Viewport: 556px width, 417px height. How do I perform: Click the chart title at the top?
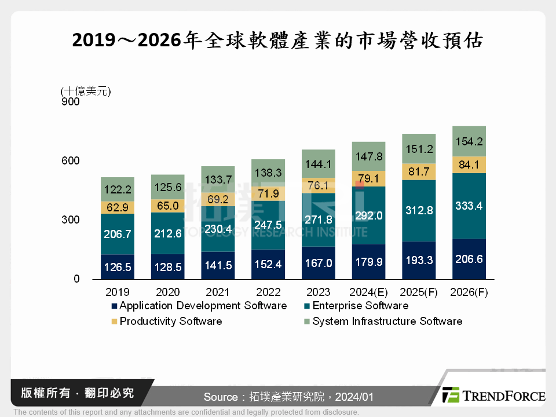pyautogui.click(x=277, y=40)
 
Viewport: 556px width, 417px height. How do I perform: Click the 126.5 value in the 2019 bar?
pyautogui.click(x=118, y=268)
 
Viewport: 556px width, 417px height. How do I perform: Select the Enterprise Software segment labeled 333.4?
pyautogui.click(x=468, y=205)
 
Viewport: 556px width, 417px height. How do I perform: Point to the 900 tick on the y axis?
pyautogui.click(x=69, y=102)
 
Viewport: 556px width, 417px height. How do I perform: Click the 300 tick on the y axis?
pyautogui.click(x=69, y=220)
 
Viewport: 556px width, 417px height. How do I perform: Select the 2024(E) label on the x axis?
pyautogui.click(x=369, y=292)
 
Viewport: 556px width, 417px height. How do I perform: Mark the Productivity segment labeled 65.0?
pyautogui.click(x=168, y=206)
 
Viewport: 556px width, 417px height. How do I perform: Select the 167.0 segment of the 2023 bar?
pyautogui.click(x=319, y=263)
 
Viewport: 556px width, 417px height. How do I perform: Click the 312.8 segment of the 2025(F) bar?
pyautogui.click(x=419, y=210)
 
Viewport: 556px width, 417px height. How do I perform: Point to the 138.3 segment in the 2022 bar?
pyautogui.click(x=269, y=173)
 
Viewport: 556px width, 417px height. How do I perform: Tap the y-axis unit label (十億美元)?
pyautogui.click(x=85, y=90)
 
